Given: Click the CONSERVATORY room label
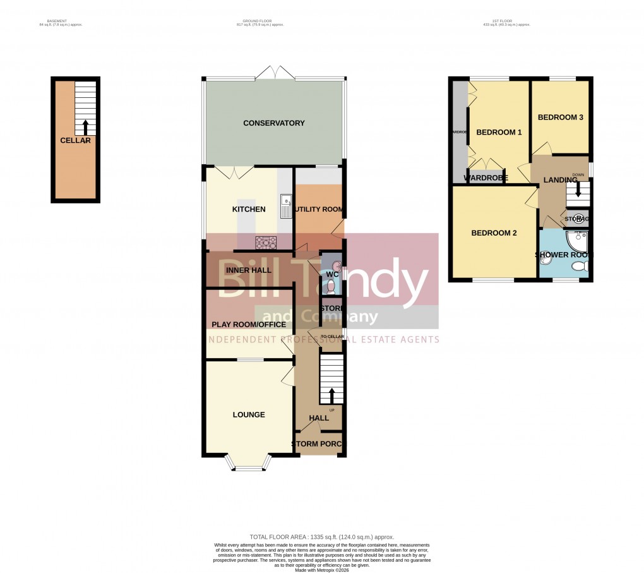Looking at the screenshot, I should pyautogui.click(x=274, y=123).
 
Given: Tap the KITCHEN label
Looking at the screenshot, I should pyautogui.click(x=249, y=209).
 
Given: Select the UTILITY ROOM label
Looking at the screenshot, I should pyautogui.click(x=319, y=209).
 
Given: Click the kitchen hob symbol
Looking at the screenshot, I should pyautogui.click(x=265, y=242).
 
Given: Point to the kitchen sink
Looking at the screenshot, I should pyautogui.click(x=285, y=206).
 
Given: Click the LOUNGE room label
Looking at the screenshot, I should pyautogui.click(x=249, y=415).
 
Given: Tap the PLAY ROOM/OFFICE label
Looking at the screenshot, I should pyautogui.click(x=249, y=325).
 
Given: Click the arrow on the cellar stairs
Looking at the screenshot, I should pyautogui.click(x=86, y=126).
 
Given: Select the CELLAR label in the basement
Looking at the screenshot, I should pyautogui.click(x=75, y=140).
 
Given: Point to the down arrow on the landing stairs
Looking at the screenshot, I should pyautogui.click(x=578, y=190).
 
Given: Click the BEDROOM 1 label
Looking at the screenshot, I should pyautogui.click(x=499, y=133).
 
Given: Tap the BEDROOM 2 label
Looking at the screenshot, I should pyautogui.click(x=494, y=233).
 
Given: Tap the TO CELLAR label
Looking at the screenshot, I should pyautogui.click(x=332, y=337).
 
